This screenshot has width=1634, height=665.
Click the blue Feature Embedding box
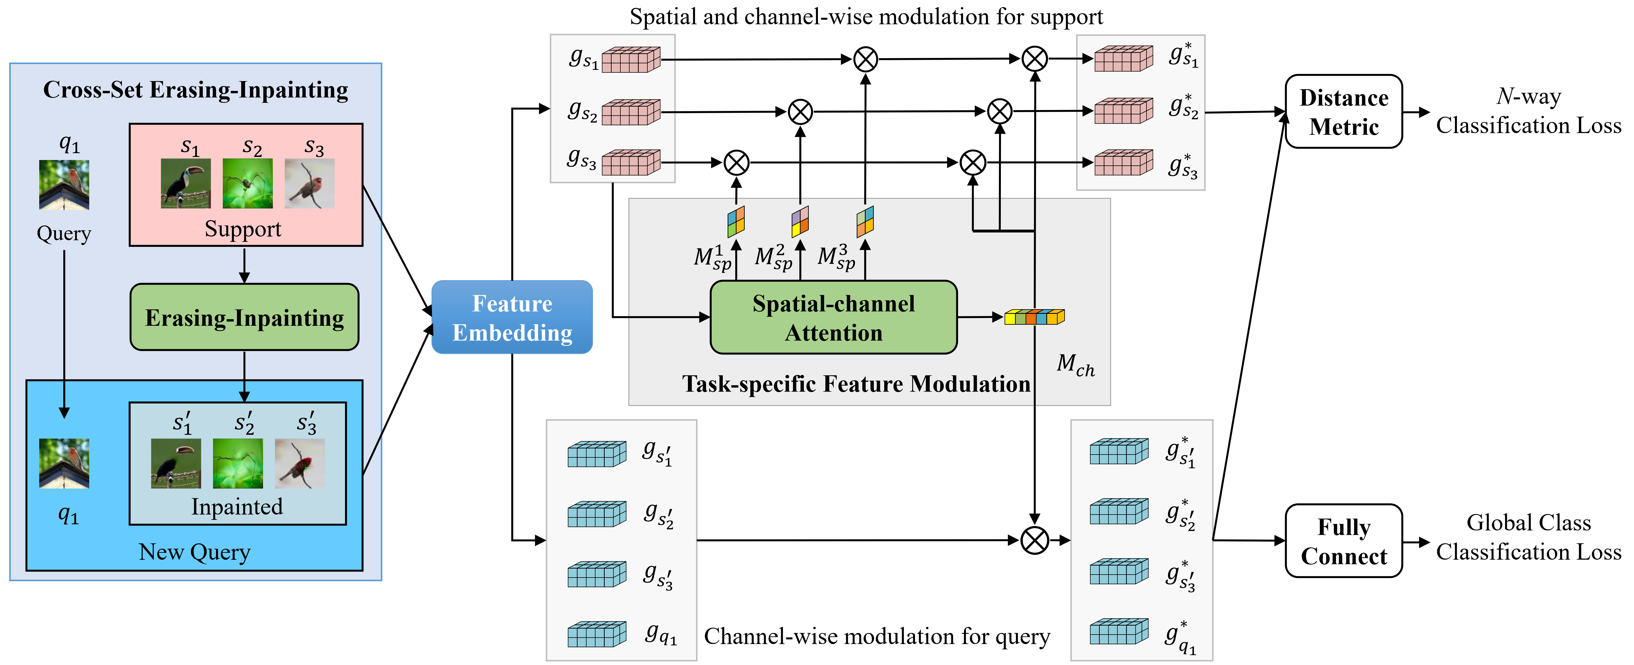click(x=512, y=317)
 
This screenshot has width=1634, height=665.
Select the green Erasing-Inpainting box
click(x=244, y=317)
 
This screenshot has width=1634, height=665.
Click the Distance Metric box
click(x=1343, y=112)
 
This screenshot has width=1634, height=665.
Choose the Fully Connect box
click(x=1343, y=541)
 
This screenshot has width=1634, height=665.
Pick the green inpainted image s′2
click(x=238, y=463)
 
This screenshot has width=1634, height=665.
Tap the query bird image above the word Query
click(x=64, y=185)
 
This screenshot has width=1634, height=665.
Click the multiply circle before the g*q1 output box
click(x=1035, y=541)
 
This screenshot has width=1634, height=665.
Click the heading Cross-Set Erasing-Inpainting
click(x=195, y=90)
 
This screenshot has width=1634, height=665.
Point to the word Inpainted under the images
click(x=237, y=507)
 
